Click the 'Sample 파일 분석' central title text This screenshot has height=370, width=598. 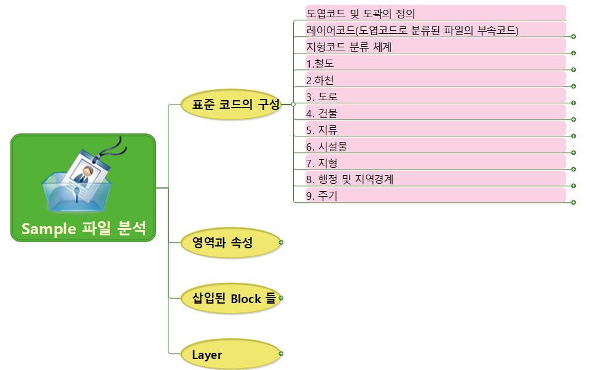click(x=84, y=229)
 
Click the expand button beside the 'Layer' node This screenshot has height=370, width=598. click(x=281, y=353)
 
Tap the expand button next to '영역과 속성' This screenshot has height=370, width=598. click(x=281, y=243)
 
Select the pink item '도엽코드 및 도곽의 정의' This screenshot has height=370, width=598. click(x=361, y=13)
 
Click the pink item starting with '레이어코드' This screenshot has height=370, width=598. click(x=412, y=30)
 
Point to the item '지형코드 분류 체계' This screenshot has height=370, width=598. click(x=349, y=47)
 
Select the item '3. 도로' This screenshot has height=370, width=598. click(x=321, y=96)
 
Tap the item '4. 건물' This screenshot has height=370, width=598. click(x=321, y=113)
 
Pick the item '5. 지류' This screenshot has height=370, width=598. click(x=321, y=130)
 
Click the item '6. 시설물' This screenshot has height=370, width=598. click(x=326, y=146)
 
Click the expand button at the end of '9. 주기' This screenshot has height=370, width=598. click(x=573, y=202)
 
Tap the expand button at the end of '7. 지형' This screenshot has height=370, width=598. click(x=573, y=169)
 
